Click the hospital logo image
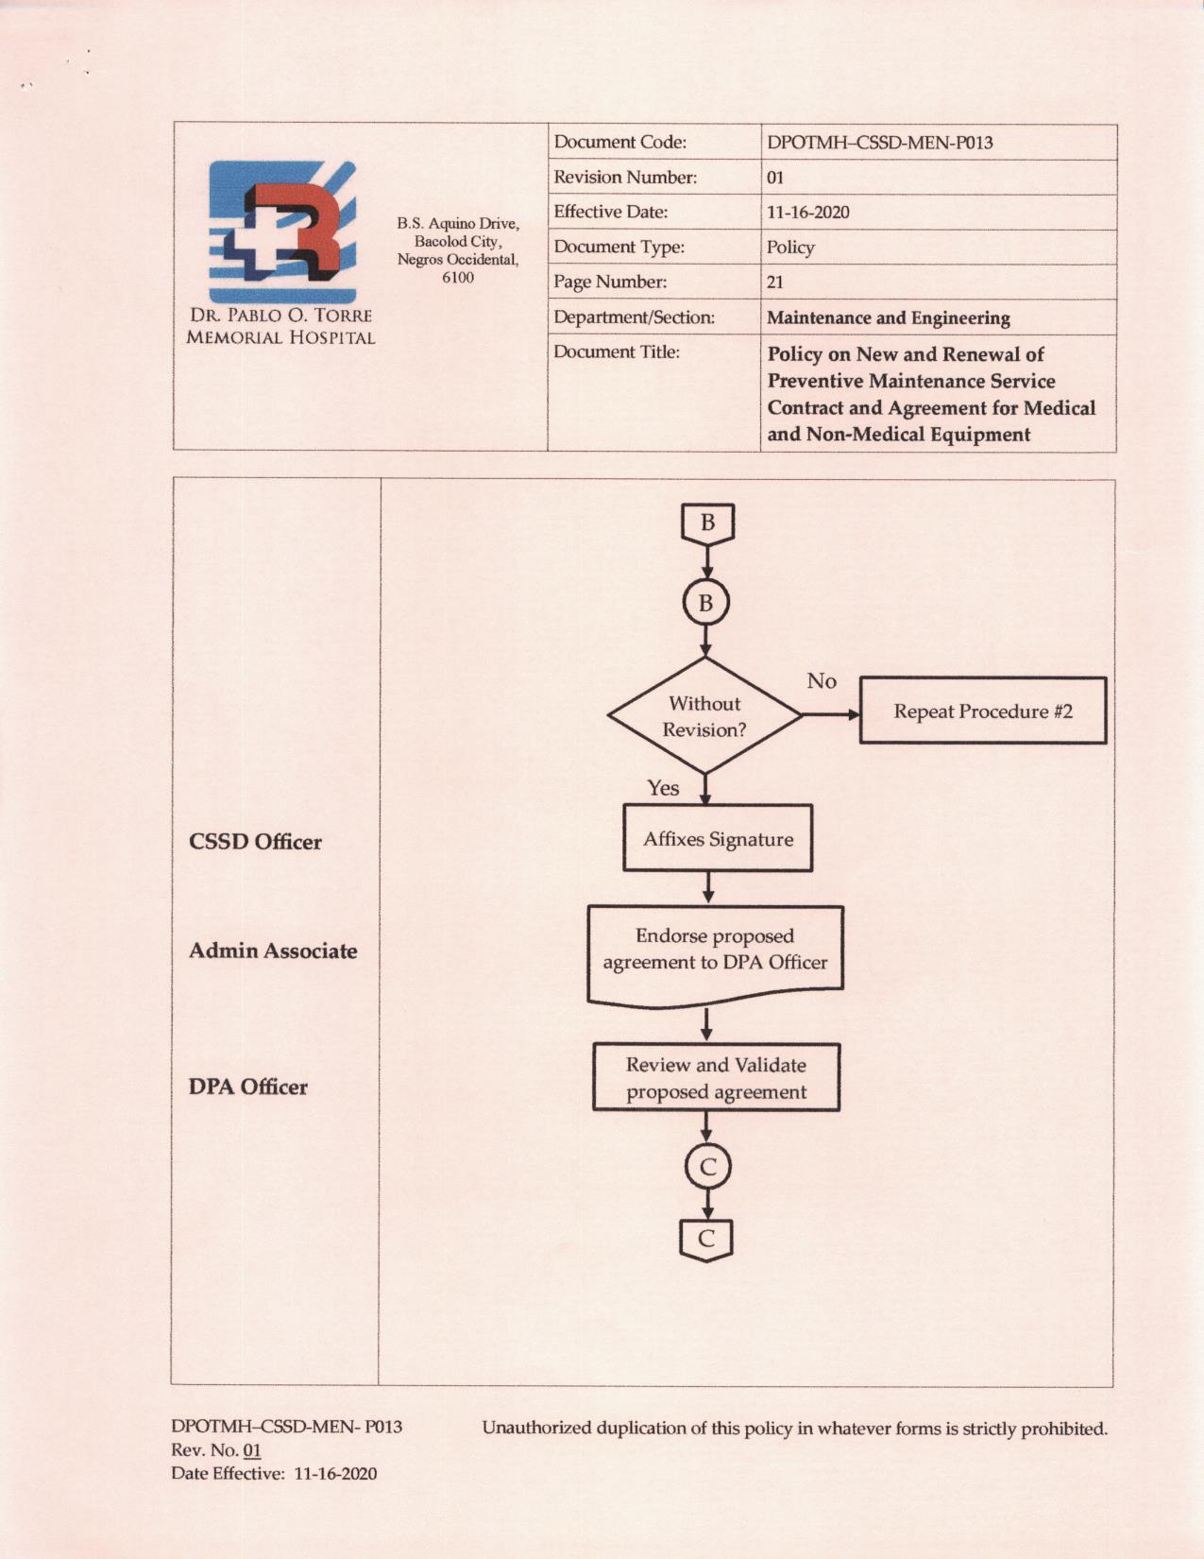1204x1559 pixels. click(282, 231)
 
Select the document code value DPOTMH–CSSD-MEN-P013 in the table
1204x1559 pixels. click(879, 143)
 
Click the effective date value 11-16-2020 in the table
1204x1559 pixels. click(807, 213)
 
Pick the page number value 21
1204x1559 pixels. click(775, 283)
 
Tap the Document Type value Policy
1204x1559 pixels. click(790, 248)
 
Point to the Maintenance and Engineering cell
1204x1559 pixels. click(888, 318)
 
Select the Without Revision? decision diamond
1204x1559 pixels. click(704, 716)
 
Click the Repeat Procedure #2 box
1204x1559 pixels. click(982, 711)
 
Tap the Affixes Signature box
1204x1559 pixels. click(718, 839)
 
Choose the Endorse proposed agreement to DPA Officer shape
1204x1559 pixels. click(715, 951)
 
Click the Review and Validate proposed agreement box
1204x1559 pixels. click(716, 1078)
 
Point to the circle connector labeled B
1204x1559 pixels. click(705, 603)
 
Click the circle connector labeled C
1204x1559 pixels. click(707, 1168)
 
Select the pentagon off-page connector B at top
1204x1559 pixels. click(707, 523)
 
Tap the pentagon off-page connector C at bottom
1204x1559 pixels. click(706, 1239)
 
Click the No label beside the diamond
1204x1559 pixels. click(821, 681)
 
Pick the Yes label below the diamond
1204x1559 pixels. click(663, 788)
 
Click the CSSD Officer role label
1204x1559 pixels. click(255, 842)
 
